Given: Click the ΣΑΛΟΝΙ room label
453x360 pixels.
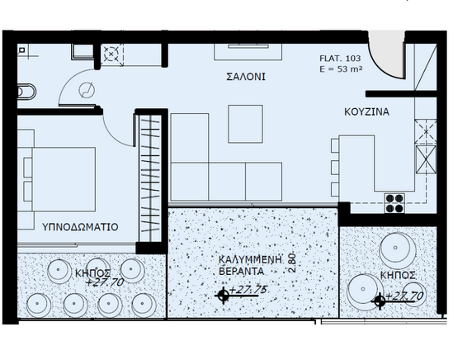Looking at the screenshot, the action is point(246,77).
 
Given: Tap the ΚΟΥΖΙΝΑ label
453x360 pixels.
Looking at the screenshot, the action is point(366,112).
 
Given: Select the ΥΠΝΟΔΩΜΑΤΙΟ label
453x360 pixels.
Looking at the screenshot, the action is point(80,227).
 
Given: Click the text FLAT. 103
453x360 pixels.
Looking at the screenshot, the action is point(340,59).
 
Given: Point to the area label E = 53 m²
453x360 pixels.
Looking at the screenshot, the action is point(341,69).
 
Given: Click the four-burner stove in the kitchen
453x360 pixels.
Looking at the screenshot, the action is point(394,203).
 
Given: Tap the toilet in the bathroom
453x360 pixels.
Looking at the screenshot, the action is point(26,92).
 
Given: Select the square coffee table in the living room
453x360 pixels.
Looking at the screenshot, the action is point(245,124).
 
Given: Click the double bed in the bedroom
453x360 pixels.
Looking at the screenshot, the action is point(59,179).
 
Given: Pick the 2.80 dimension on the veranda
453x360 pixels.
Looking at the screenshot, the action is point(292,263).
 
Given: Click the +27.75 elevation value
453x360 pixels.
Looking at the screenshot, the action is point(248,290).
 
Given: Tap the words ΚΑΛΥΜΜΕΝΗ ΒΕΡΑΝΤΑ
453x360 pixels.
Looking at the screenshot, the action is point(250,265).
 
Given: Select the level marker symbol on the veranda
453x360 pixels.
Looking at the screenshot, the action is point(223,296).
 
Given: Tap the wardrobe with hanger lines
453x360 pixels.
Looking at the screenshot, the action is point(149,178).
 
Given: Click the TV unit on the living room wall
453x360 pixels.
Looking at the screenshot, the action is point(248,52).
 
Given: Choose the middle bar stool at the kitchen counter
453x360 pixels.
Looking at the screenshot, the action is point(335,168).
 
